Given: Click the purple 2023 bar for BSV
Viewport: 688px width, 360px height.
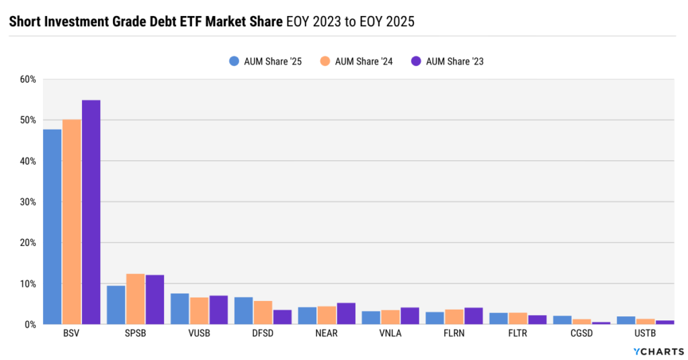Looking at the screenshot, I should coord(91,212).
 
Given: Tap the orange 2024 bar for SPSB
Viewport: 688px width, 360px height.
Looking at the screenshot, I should coord(135,299).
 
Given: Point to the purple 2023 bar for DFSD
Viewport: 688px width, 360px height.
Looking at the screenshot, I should coord(282,317).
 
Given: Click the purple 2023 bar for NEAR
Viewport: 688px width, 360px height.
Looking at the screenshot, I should coord(346,314).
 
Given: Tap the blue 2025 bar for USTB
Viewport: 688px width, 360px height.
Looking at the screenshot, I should coord(626,320).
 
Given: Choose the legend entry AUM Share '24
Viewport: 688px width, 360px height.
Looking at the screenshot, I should coord(357,61).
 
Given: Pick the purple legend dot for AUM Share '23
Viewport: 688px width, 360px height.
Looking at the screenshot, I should coord(415,61).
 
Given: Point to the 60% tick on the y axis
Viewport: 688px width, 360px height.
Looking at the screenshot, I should coord(28,79).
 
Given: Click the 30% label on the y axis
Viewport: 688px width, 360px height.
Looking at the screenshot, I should coord(28,202).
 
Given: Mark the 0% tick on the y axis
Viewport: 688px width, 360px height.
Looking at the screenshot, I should coord(30,324).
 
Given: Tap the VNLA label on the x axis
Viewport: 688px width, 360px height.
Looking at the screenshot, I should coord(390,332).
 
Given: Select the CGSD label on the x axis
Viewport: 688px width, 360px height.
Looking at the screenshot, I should coord(581,332).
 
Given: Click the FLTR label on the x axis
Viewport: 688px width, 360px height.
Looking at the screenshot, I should coord(517,332).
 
